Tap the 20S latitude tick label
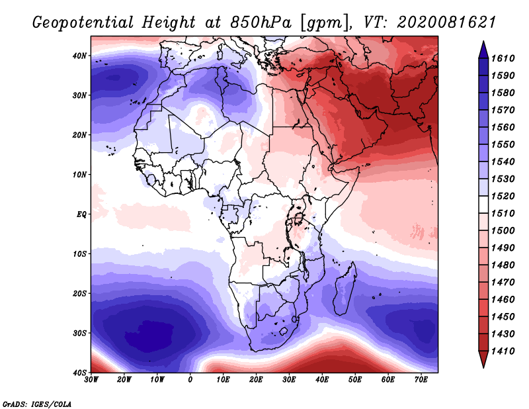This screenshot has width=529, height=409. coord(79,294)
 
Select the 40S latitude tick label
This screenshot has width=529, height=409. coord(79,373)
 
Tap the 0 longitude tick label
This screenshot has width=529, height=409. coord(190,380)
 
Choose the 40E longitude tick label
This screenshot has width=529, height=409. coord(323,380)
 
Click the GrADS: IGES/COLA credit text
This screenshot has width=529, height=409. coord(38,403)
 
